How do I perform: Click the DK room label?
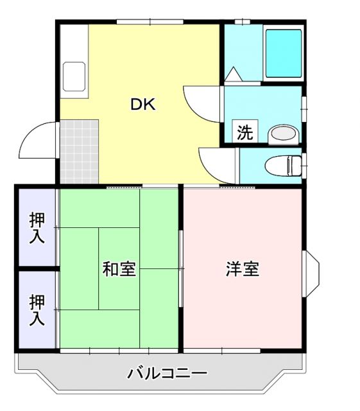click(143, 105)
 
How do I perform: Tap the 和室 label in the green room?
click(119, 269)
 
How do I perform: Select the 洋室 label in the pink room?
click(242, 269)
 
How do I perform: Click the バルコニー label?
click(166, 373)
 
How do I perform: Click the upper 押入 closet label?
click(37, 227)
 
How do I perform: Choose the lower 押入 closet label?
click(37, 310)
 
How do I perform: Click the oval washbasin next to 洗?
click(282, 134)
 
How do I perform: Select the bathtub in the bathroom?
click(282, 52)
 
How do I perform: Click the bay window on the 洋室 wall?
click(311, 268)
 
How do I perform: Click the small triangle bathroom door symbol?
click(232, 74)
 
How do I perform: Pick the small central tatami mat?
click(119, 268)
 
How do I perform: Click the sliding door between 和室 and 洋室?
click(181, 268)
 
